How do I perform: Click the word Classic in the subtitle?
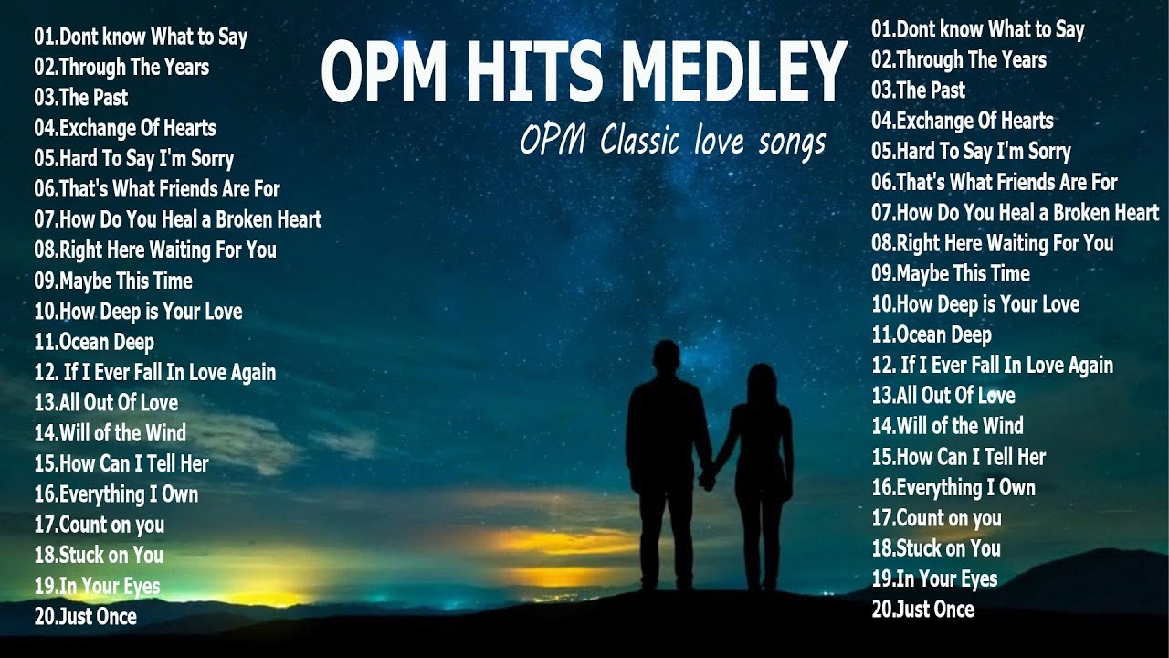[x=639, y=141]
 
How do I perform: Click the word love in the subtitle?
[x=721, y=141]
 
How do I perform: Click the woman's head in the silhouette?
[x=761, y=378]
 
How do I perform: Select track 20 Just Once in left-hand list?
[x=85, y=617]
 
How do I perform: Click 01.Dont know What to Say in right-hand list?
[x=977, y=30]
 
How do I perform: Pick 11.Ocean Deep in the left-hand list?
[x=94, y=342]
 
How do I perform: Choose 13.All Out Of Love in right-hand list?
[x=943, y=396]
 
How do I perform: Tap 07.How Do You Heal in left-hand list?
[x=177, y=219]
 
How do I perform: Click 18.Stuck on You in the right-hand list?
[x=935, y=548]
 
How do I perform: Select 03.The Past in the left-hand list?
[x=80, y=98]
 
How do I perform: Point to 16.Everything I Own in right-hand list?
[x=953, y=488]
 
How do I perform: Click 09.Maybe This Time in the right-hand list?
[x=950, y=273]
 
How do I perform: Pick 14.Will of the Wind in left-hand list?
[x=110, y=433]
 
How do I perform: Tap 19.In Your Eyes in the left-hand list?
[x=97, y=586]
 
